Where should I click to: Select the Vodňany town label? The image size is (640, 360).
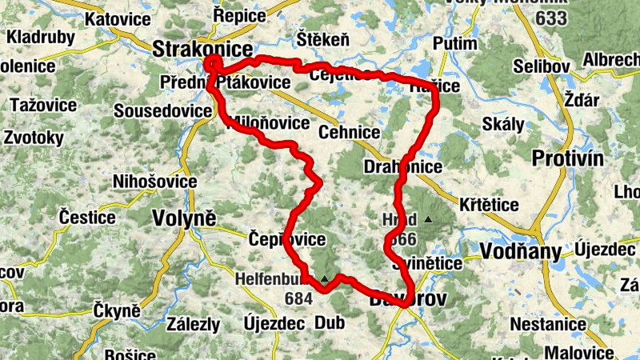click(x=518, y=251)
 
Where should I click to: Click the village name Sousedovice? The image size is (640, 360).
click(x=160, y=110)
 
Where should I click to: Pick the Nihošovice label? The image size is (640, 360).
click(x=155, y=182)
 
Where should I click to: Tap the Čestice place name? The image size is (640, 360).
click(x=87, y=216)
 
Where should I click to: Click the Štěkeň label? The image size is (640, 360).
click(x=323, y=39)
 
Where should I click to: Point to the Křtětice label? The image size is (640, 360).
click(x=489, y=205)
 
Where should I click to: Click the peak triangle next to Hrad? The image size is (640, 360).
click(x=429, y=219)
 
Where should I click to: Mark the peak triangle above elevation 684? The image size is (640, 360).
click(x=324, y=278)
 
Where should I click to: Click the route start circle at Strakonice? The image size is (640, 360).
click(x=212, y=64)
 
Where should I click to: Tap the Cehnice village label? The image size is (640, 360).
click(x=349, y=131)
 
